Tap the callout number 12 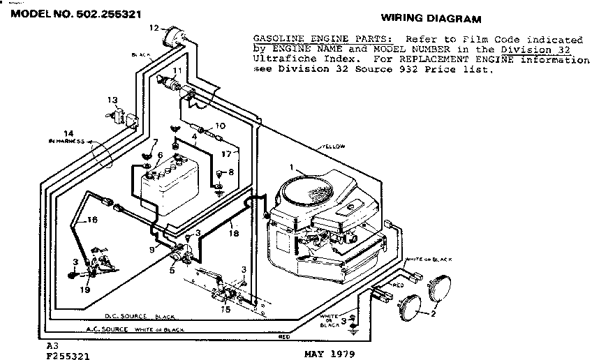pos(153,28)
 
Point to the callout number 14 pos(68,133)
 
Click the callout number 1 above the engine pos(293,167)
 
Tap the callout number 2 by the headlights pos(434,313)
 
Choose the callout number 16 pos(92,219)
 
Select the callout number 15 pos(225,309)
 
